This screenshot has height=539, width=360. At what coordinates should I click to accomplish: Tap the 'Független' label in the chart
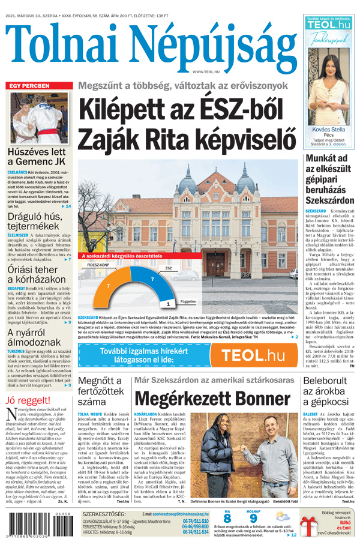click(x=172, y=302)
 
